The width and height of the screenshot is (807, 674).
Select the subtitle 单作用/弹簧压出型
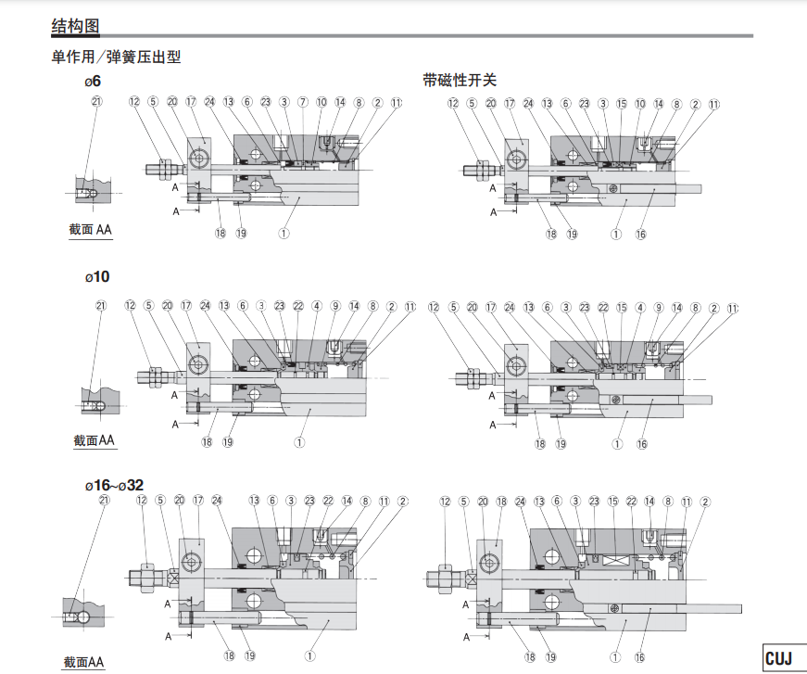pyautogui.click(x=116, y=57)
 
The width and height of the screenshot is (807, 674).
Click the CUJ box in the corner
pyautogui.click(x=778, y=657)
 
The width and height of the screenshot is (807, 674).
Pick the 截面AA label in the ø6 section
pyautogui.click(x=91, y=229)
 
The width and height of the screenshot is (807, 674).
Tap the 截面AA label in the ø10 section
pyautogui.click(x=94, y=440)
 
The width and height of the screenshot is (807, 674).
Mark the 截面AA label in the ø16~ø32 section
pyautogui.click(x=84, y=662)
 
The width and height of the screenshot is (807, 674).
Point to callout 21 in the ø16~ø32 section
pyautogui.click(x=103, y=501)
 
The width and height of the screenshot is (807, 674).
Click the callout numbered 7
pyautogui.click(x=302, y=102)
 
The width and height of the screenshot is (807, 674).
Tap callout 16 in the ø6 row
pyautogui.click(x=641, y=235)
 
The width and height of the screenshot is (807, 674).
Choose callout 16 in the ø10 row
pyautogui.click(x=642, y=444)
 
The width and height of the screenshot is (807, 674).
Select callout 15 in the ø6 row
pyautogui.click(x=622, y=103)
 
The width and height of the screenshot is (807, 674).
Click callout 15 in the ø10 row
pyautogui.click(x=622, y=307)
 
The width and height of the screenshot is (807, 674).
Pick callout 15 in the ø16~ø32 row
pyautogui.click(x=612, y=502)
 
